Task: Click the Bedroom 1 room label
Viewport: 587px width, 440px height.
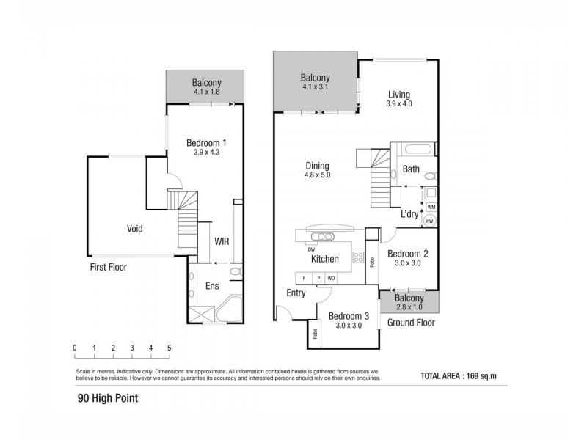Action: click(206, 142)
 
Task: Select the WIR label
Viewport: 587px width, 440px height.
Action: click(222, 241)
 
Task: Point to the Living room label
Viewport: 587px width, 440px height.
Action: click(399, 95)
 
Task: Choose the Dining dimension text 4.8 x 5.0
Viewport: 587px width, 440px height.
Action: click(318, 176)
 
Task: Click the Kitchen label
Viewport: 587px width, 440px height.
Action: click(324, 259)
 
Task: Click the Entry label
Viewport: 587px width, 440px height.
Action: click(296, 293)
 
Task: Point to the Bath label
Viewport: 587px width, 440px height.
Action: click(411, 169)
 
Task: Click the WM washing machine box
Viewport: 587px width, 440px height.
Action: click(431, 208)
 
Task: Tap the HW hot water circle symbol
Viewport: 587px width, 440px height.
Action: click(430, 220)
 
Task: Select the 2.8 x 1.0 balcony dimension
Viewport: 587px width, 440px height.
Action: click(409, 308)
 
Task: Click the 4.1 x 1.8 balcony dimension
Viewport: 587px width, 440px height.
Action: click(206, 92)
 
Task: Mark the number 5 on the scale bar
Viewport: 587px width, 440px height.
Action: click(169, 348)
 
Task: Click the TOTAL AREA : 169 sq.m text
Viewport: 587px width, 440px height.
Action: click(459, 375)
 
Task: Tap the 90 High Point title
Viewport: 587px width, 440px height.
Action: click(108, 399)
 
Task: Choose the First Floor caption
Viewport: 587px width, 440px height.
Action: click(108, 268)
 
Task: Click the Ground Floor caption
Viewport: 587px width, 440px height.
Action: click(411, 322)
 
